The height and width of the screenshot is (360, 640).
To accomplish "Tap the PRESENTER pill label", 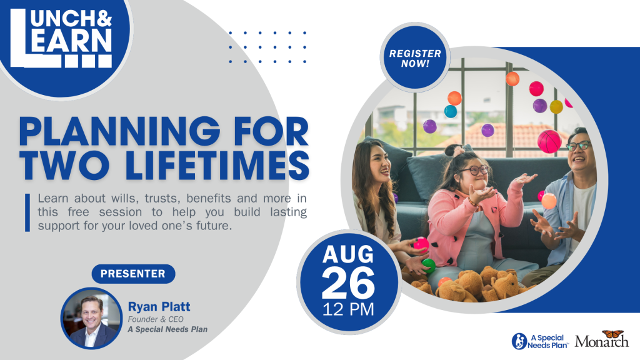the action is [x=133, y=274].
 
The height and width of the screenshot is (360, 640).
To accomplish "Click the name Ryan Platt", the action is [x=159, y=306].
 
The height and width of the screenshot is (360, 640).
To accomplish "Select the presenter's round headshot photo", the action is [x=91, y=318].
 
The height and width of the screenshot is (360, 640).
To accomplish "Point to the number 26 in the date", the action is [x=348, y=283].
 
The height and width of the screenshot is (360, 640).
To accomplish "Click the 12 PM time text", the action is [x=348, y=309].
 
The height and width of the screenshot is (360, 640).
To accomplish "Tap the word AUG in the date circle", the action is [x=348, y=254].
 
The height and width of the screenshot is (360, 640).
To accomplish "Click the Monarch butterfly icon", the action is [x=612, y=334].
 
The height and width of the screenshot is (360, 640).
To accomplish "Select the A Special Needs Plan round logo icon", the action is [x=519, y=341].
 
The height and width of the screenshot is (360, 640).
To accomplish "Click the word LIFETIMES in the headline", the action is [x=217, y=165].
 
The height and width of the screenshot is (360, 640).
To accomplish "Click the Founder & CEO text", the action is [x=156, y=319].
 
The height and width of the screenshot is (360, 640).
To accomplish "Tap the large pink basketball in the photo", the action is [x=549, y=141].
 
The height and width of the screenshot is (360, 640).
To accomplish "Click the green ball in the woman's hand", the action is [x=428, y=266].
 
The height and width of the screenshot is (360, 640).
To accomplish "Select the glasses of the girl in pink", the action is [x=476, y=170].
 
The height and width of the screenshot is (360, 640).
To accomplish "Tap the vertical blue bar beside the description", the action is [x=27, y=212].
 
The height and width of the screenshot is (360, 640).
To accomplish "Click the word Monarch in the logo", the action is [x=602, y=341].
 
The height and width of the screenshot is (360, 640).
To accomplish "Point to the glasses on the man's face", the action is [x=578, y=145].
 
